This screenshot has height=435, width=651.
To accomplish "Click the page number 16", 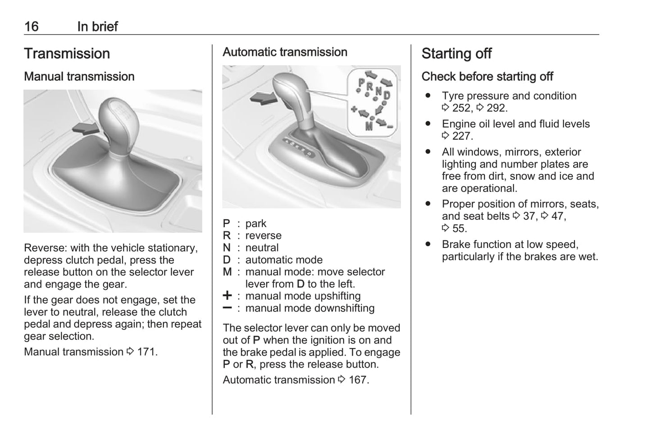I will tap(31, 27).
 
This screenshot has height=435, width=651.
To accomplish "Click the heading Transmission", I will tap(67, 54).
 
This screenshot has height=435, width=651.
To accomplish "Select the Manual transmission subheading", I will tap(79, 77).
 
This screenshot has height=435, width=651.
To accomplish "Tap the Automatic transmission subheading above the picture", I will tap(285, 52).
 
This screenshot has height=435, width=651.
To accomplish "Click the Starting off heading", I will tap(456, 54).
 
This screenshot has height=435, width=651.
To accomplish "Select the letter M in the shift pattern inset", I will tap(369, 126).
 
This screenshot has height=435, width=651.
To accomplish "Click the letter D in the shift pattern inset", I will tap(387, 95).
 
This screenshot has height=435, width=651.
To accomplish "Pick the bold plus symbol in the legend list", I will tap(228, 296).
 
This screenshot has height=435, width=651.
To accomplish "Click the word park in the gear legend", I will tap(255, 224).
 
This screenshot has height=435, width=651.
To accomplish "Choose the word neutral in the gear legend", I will tap(262, 248).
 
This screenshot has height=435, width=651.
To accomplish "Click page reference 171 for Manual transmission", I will tap(146, 352).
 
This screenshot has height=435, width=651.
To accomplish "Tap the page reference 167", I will tap(358, 380).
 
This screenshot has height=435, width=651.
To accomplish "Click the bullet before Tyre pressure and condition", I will tap(428, 96).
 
